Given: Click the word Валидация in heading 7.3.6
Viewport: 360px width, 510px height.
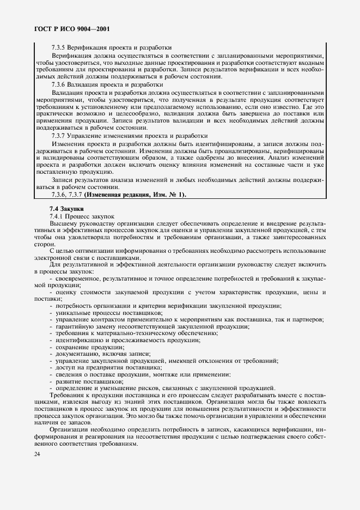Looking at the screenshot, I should pyautogui.click(x=85, y=84).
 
